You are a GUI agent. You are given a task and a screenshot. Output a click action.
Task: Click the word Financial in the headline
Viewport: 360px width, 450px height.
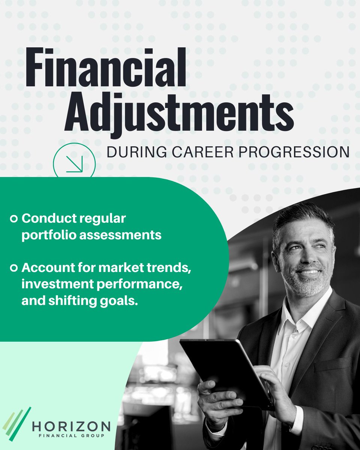pyautogui.click(x=106, y=67)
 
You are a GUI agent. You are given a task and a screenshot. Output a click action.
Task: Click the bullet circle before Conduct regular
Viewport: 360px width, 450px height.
pyautogui.click(x=14, y=218)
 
